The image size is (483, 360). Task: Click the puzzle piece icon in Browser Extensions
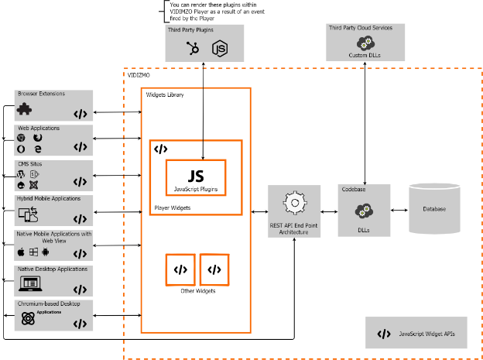click(24, 110)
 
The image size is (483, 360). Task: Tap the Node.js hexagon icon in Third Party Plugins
click(220, 49)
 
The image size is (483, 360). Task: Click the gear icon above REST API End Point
click(294, 204)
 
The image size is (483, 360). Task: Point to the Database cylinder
click(434, 208)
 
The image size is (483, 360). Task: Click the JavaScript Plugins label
click(195, 189)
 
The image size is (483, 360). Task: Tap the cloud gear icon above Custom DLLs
click(364, 43)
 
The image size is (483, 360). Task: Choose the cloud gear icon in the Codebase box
click(363, 211)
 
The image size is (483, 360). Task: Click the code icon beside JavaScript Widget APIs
click(384, 334)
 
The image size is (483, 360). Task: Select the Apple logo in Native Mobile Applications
click(22, 252)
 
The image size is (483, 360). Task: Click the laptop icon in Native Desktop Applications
click(29, 285)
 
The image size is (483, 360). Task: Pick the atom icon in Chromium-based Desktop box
click(28, 318)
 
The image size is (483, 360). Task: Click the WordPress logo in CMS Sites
click(21, 175)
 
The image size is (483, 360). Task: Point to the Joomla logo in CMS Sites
click(33, 185)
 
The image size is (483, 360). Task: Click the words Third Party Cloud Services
click(360, 28)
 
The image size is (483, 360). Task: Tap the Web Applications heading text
click(39, 129)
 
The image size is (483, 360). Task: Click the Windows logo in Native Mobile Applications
click(34, 252)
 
